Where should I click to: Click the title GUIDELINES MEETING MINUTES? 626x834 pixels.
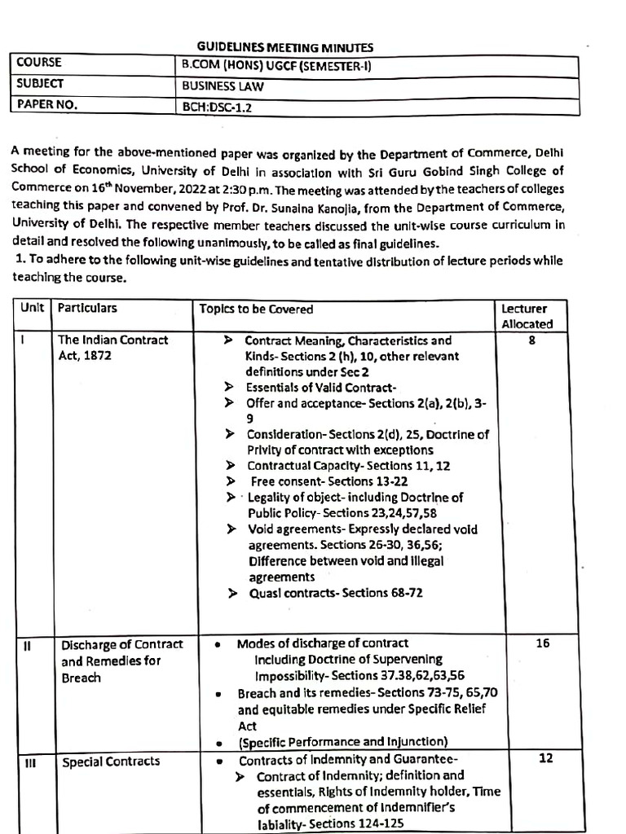pos(285,48)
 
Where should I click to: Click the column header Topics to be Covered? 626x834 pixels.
pos(256,309)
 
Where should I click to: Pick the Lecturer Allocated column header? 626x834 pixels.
pos(527,316)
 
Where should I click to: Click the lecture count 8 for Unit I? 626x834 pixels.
pos(531,341)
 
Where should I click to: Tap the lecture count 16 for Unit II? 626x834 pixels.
pos(543,643)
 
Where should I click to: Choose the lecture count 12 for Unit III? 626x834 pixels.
pos(546,758)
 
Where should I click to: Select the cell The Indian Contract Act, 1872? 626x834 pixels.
pos(113,348)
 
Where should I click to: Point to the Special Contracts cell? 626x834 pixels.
pos(111,762)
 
